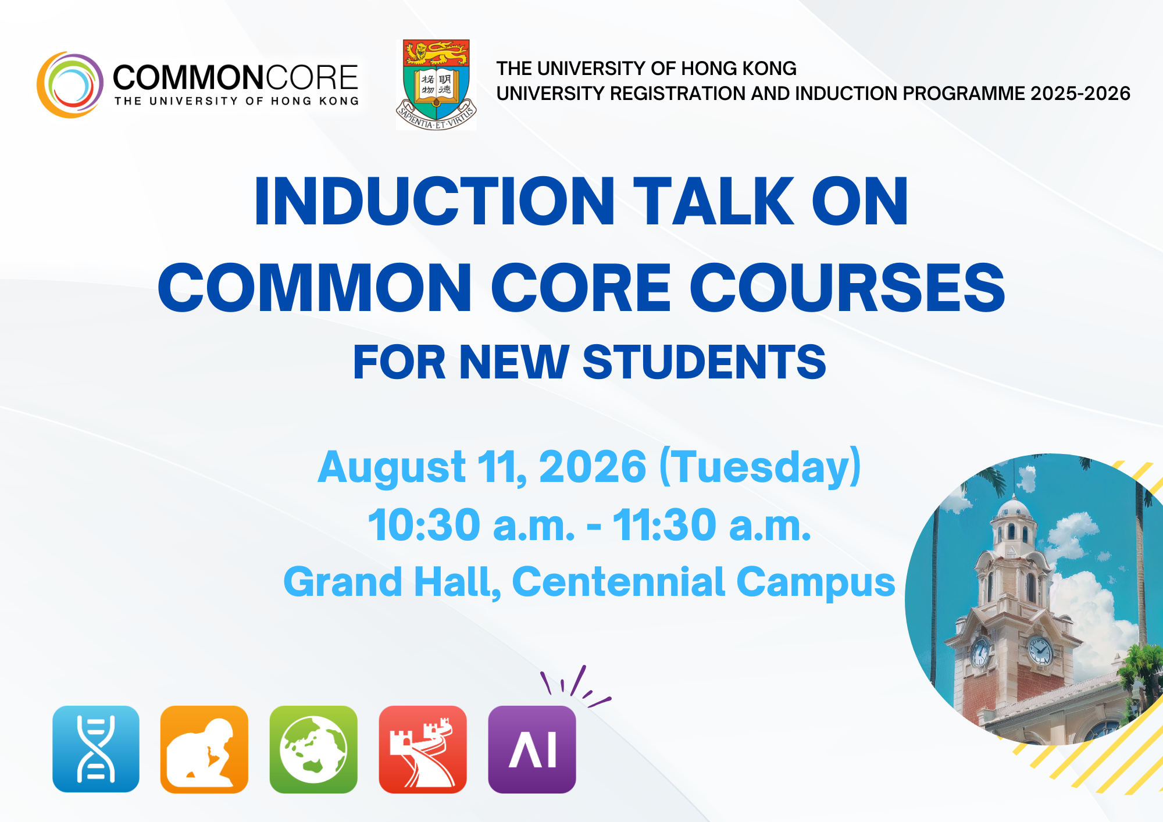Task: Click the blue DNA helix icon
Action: pos(96,749)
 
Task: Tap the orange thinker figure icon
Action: pos(204,749)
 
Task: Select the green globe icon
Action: pos(313,749)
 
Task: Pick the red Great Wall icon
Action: pos(423,749)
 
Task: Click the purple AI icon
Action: pos(532,749)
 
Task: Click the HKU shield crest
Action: pos(436,85)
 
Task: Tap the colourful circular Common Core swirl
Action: pos(70,85)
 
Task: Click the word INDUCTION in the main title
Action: pos(434,201)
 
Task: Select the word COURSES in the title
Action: pos(847,287)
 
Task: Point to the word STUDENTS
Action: pos(704,362)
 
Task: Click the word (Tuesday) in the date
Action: pos(760,467)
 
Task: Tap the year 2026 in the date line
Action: pos(593,466)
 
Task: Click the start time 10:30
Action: pos(424,525)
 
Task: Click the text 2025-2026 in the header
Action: pos(1080,93)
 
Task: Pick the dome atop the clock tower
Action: pos(1014,508)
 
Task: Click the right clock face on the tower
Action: pos(1039,650)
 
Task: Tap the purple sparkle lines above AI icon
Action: pos(576,686)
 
